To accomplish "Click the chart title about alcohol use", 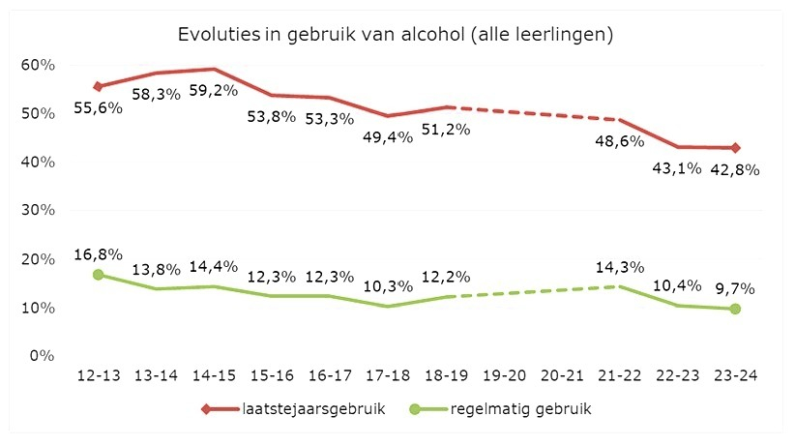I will coord(397,35).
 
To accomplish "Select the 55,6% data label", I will coord(98,108).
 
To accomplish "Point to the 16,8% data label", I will coord(98,254).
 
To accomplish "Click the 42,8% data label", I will coord(735,169).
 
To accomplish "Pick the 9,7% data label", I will coord(735,288).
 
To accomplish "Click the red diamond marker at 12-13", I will coord(98,86).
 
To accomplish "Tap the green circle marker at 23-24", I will coord(735,309).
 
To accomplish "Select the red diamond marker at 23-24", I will coord(735,148).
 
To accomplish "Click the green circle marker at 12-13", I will coord(98,275).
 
